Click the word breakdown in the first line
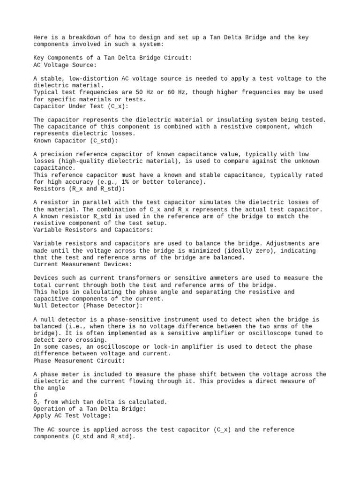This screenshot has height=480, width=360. [x=82, y=37]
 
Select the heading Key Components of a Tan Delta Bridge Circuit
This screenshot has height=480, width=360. [x=112, y=58]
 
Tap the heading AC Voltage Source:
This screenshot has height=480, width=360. [x=65, y=65]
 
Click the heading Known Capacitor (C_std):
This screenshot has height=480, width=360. [x=75, y=140]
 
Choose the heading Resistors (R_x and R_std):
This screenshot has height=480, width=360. [x=79, y=188]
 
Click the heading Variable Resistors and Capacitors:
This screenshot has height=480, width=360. [x=93, y=230]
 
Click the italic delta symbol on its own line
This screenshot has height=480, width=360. [x=36, y=395]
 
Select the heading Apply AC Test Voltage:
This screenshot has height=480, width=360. [x=72, y=415]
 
